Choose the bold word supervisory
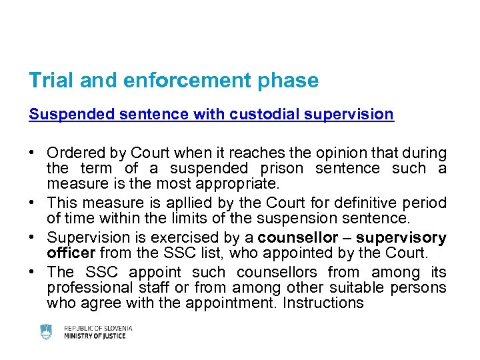[401, 238]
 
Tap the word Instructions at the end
[323, 303]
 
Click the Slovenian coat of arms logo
[46, 332]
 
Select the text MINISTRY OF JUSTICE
[95, 336]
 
